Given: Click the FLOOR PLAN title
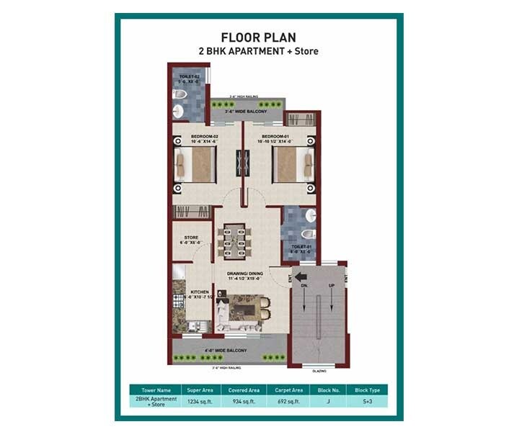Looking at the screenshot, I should coord(258,37).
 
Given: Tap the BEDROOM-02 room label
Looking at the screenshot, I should coord(205,136).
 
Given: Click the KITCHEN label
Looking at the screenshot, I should coord(179,292).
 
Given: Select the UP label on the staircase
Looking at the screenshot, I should coord(331,287).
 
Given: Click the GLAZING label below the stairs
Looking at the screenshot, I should coord(319,371).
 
